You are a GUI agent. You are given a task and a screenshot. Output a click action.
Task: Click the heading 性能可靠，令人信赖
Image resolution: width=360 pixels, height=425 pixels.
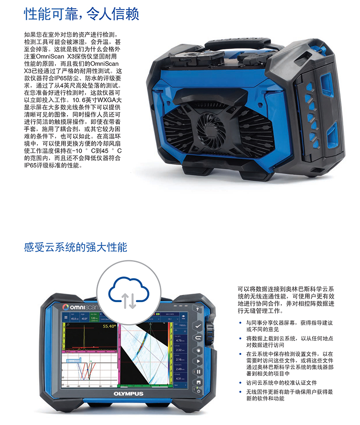point(81,12)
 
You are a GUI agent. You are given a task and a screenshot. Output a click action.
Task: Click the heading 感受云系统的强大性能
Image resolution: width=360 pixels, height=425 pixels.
point(76,247)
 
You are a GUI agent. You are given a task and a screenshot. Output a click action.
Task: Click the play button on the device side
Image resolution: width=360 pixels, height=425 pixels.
point(197,361)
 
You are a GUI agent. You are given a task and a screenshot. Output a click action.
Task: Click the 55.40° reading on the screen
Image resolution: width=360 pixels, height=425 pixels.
point(108,326)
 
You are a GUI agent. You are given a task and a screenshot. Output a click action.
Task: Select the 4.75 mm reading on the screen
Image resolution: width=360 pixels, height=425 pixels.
point(179,340)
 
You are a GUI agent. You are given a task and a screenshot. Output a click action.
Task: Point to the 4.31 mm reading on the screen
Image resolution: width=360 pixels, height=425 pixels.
point(179,378)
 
